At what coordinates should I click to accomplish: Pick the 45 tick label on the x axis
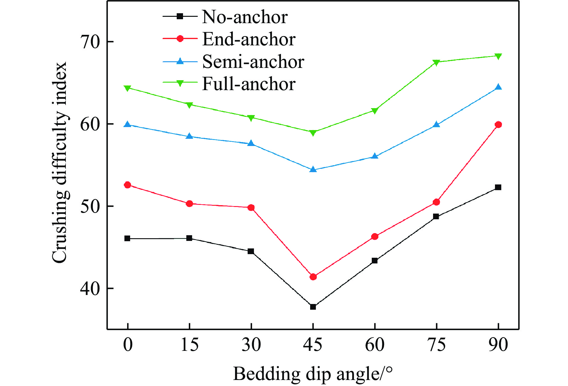click(x=313, y=345)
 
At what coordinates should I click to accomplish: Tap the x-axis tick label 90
click(x=498, y=345)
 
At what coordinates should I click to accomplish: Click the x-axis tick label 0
click(x=128, y=345)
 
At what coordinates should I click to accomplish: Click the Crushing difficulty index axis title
click(x=59, y=163)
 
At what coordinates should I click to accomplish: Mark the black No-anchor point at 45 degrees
click(x=313, y=307)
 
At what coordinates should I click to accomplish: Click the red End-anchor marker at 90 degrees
click(x=498, y=125)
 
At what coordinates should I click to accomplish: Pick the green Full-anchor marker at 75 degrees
click(x=436, y=62)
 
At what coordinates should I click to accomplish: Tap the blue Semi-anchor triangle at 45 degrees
click(x=313, y=170)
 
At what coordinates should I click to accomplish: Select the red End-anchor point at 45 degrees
click(x=313, y=277)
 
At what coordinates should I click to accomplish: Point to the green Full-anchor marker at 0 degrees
click(x=127, y=88)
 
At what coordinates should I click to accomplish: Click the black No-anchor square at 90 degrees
click(x=498, y=187)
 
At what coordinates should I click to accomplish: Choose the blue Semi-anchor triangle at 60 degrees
click(x=375, y=156)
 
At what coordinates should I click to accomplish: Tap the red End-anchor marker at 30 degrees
click(x=251, y=208)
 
